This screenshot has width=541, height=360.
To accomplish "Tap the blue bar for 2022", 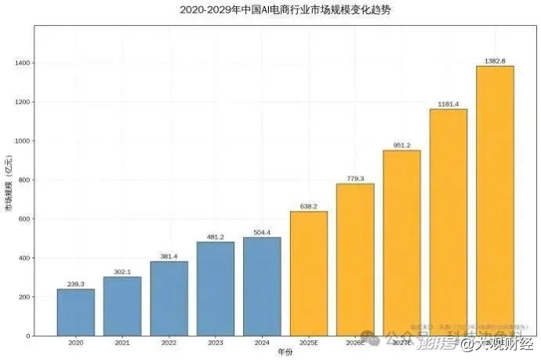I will [x=169, y=298].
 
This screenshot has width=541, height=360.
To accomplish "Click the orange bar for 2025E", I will [x=308, y=274].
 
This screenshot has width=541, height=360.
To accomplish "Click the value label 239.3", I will [x=75, y=284].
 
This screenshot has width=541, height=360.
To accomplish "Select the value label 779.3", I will [x=355, y=179].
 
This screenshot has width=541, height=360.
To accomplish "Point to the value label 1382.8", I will [x=495, y=60].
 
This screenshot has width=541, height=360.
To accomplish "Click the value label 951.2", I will [x=401, y=145].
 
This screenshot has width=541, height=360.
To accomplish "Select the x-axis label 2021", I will [x=122, y=344].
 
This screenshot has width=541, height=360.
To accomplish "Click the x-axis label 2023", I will [x=215, y=344].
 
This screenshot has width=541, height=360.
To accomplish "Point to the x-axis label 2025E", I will [x=308, y=344].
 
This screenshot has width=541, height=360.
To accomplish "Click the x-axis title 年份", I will [x=285, y=354].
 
